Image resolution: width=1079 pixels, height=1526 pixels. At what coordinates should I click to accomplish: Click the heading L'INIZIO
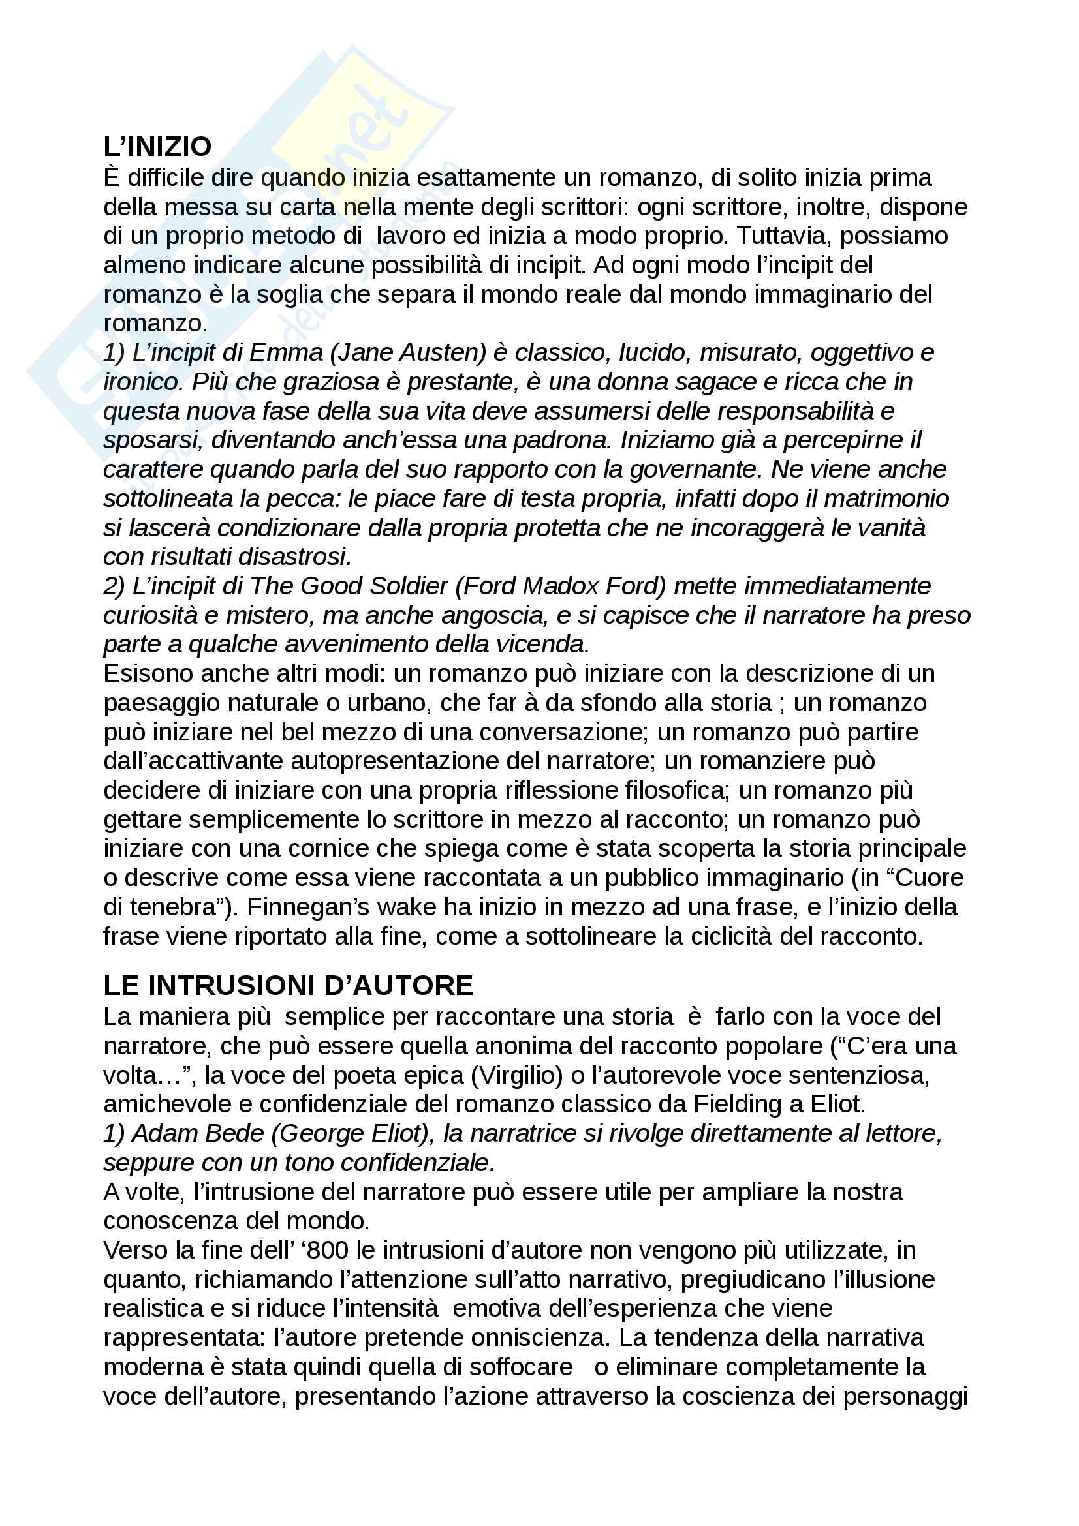click(x=157, y=147)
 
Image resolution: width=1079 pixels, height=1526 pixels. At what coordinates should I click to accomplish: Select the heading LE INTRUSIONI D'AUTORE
click(x=288, y=986)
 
